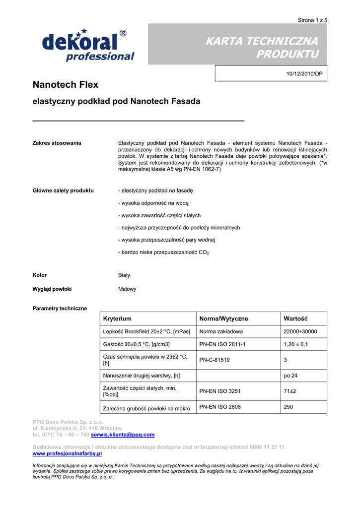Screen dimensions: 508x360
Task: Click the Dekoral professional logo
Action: (88, 45)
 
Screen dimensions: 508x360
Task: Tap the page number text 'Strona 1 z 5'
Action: (312, 20)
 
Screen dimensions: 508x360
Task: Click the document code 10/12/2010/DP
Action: (304, 73)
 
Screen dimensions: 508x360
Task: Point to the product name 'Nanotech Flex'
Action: (65, 85)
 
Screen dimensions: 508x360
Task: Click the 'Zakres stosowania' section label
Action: (57, 143)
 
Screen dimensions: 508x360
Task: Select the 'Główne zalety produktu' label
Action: (63, 190)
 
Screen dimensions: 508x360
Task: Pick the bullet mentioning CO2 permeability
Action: (163, 253)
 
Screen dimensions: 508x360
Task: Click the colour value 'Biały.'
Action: (125, 275)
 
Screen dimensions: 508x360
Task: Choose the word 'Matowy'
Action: (127, 289)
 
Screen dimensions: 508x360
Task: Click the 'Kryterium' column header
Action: (117, 318)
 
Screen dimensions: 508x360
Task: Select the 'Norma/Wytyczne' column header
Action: (223, 318)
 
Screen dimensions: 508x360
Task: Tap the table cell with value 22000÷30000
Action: (300, 331)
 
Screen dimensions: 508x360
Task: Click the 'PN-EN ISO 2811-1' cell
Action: (222, 344)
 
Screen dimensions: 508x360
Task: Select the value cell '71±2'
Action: (290, 391)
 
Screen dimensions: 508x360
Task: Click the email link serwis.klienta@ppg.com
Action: (123, 435)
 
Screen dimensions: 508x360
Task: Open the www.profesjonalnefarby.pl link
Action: (67, 453)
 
